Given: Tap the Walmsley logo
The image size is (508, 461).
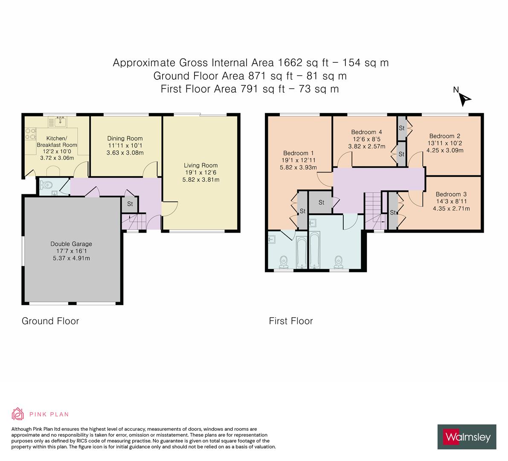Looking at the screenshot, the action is [467, 437].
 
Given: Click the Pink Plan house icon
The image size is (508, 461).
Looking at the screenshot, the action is [18, 414].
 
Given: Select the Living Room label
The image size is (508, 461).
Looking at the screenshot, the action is [201, 165].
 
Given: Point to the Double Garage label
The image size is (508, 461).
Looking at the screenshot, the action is [71, 244].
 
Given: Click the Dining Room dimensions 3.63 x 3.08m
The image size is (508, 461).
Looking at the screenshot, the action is [125, 153].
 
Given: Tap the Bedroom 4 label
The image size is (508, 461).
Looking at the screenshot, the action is [366, 132].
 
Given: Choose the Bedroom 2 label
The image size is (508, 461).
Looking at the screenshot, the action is [444, 136].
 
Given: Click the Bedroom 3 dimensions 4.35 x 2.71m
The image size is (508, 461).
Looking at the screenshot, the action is [451, 208].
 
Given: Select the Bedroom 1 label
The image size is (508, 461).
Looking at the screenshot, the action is [298, 153].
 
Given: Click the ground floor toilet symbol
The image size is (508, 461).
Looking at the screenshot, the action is [46, 185].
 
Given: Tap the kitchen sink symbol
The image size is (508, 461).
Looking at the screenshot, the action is [61, 122].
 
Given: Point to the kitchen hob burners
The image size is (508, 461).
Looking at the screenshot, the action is [30, 134].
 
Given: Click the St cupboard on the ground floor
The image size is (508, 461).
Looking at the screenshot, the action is [130, 204].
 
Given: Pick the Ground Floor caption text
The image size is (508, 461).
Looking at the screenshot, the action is [50, 321].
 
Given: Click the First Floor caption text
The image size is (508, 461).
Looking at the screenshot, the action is [291, 321].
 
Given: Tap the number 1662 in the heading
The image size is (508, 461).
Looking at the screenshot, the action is [290, 63].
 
